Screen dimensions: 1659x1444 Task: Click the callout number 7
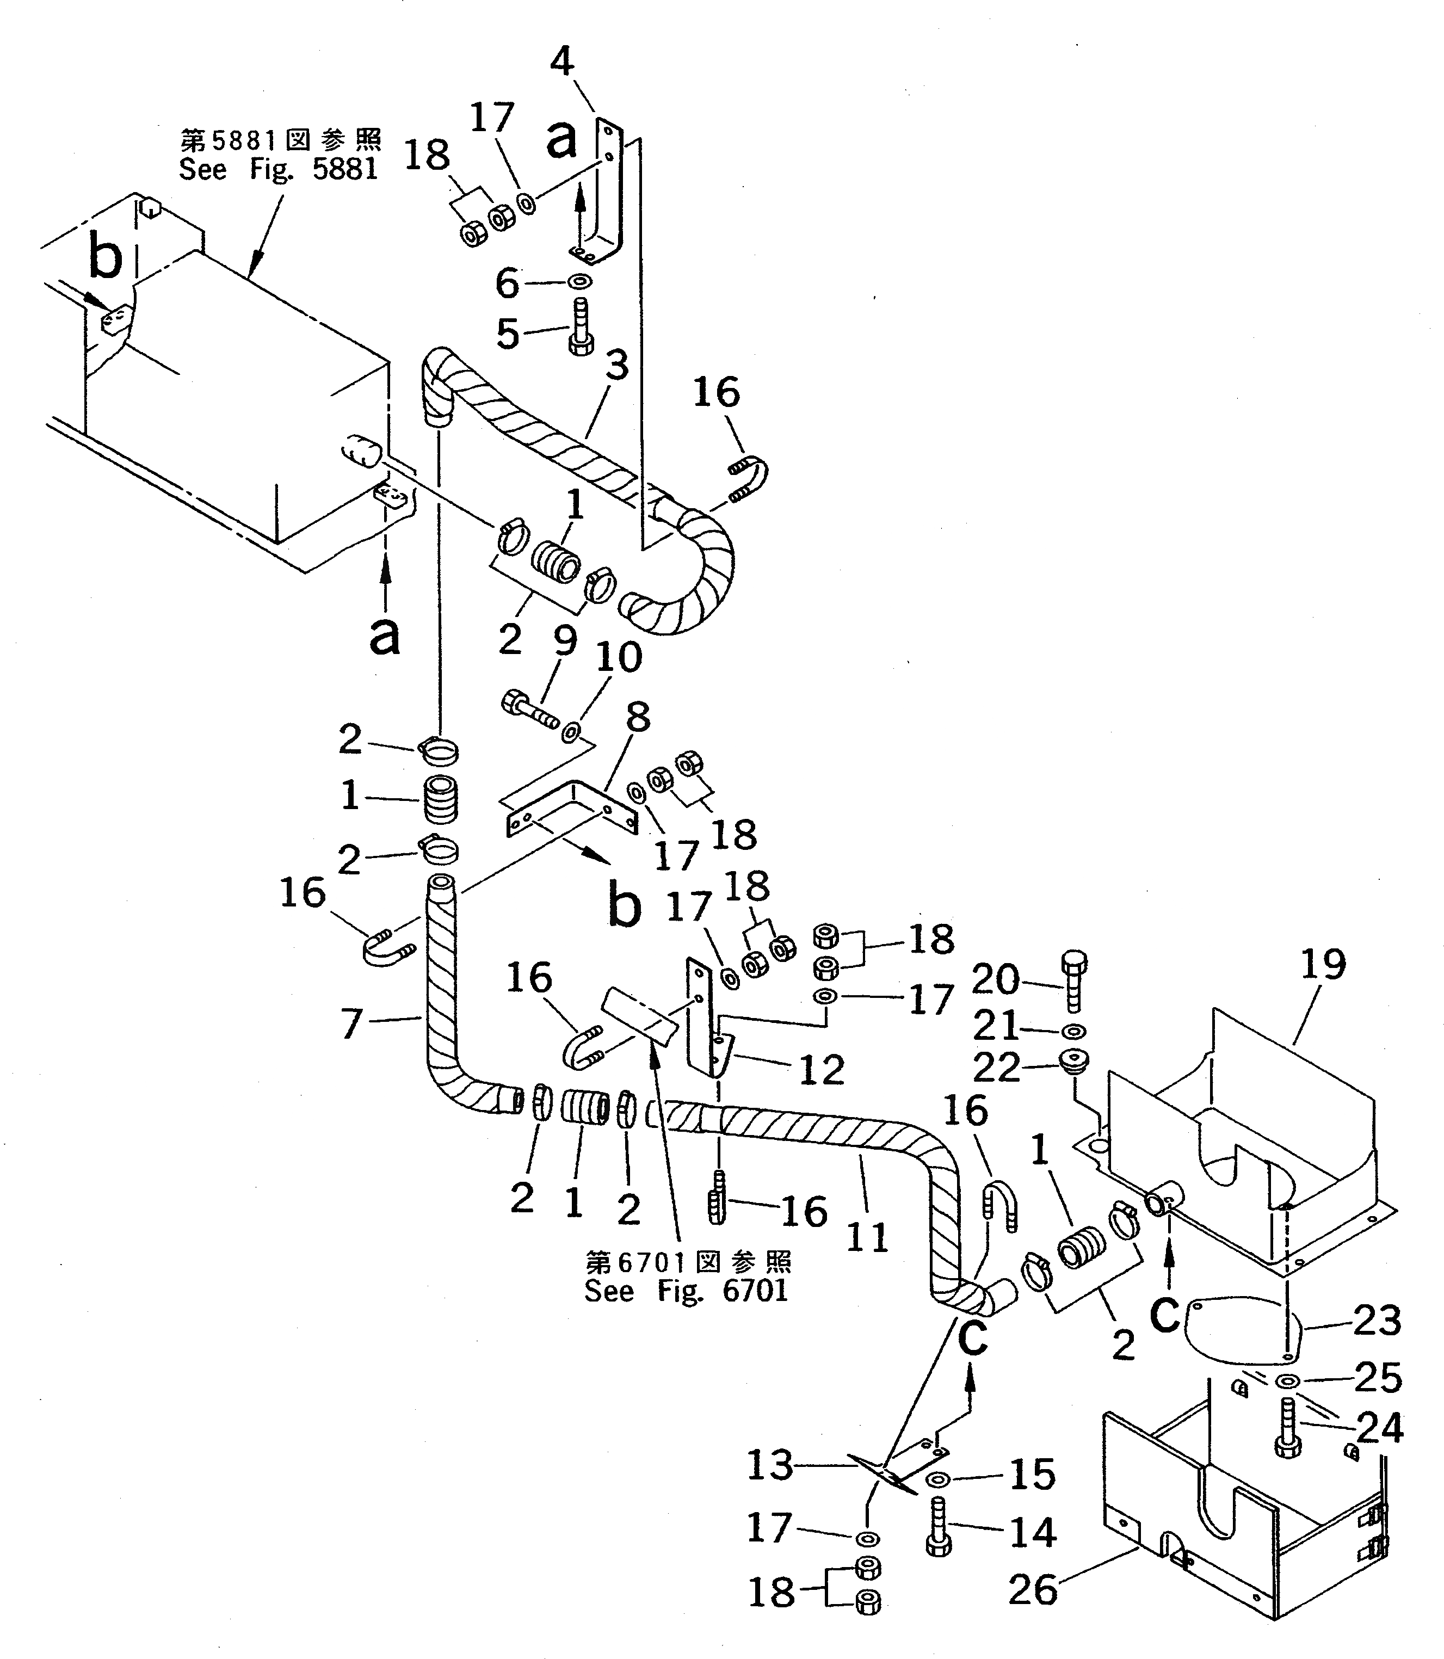[351, 1024]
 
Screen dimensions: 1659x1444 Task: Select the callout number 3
[616, 367]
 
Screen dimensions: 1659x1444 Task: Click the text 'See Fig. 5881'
[278, 169]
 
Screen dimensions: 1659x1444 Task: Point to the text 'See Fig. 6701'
[686, 1291]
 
